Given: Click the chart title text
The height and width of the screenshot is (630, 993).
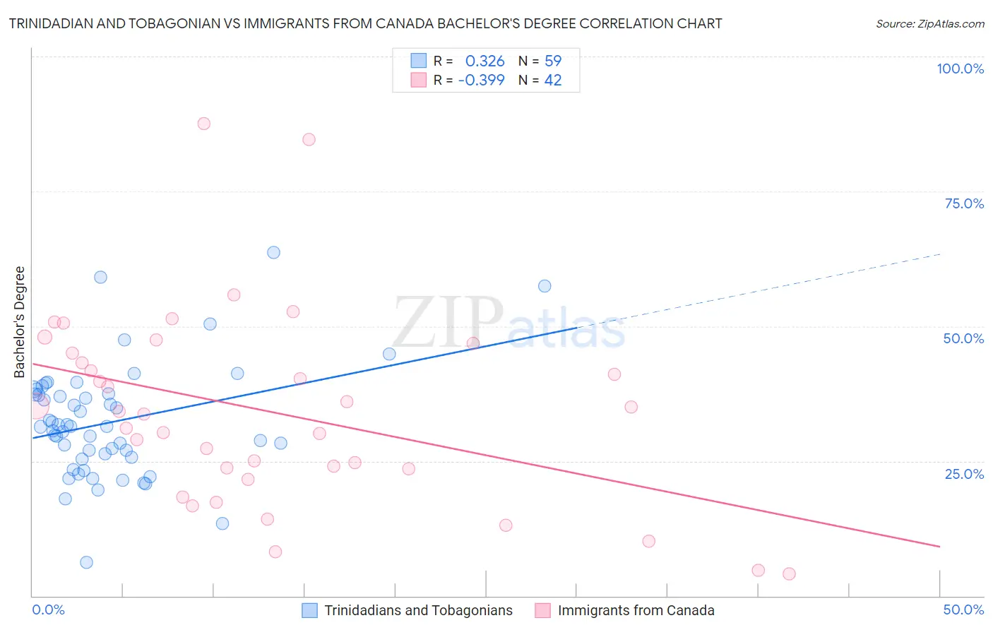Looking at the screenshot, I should click(x=365, y=23).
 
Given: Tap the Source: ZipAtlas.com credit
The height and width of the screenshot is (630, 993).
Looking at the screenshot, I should click(x=929, y=24).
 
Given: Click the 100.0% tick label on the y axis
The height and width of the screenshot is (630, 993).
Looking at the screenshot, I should click(x=960, y=69).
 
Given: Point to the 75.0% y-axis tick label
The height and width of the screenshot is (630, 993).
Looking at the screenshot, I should click(x=964, y=203).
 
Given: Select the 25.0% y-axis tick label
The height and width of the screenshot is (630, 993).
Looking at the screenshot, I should click(x=964, y=474).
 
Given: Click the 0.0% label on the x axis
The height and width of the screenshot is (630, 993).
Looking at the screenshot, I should click(x=48, y=610).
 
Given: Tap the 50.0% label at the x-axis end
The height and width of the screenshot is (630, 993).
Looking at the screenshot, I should click(x=963, y=610).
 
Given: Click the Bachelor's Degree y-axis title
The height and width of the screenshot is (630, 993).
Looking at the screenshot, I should click(x=20, y=322).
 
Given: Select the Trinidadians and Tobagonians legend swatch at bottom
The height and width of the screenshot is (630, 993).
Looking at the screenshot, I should click(x=309, y=610).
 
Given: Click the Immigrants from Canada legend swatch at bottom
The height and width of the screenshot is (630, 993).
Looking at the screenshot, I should click(x=542, y=610).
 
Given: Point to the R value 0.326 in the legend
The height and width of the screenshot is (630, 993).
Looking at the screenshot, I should click(x=484, y=61).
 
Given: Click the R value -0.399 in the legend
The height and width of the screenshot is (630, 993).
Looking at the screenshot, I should click(x=481, y=81).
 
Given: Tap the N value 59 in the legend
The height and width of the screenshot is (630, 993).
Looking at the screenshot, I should click(x=553, y=61).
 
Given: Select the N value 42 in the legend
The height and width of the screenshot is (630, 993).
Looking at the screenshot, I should click(x=553, y=81).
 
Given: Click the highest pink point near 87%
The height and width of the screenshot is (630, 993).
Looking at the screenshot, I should click(x=204, y=124).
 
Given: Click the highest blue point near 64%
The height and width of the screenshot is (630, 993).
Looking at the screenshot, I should click(x=273, y=253).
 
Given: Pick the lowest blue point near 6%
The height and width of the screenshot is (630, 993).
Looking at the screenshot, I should click(x=86, y=562).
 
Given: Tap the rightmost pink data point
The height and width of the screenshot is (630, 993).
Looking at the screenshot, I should click(x=789, y=573).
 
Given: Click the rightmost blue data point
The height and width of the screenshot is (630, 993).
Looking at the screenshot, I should click(x=545, y=286).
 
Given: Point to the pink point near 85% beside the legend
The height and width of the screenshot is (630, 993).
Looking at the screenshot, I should click(x=309, y=139).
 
